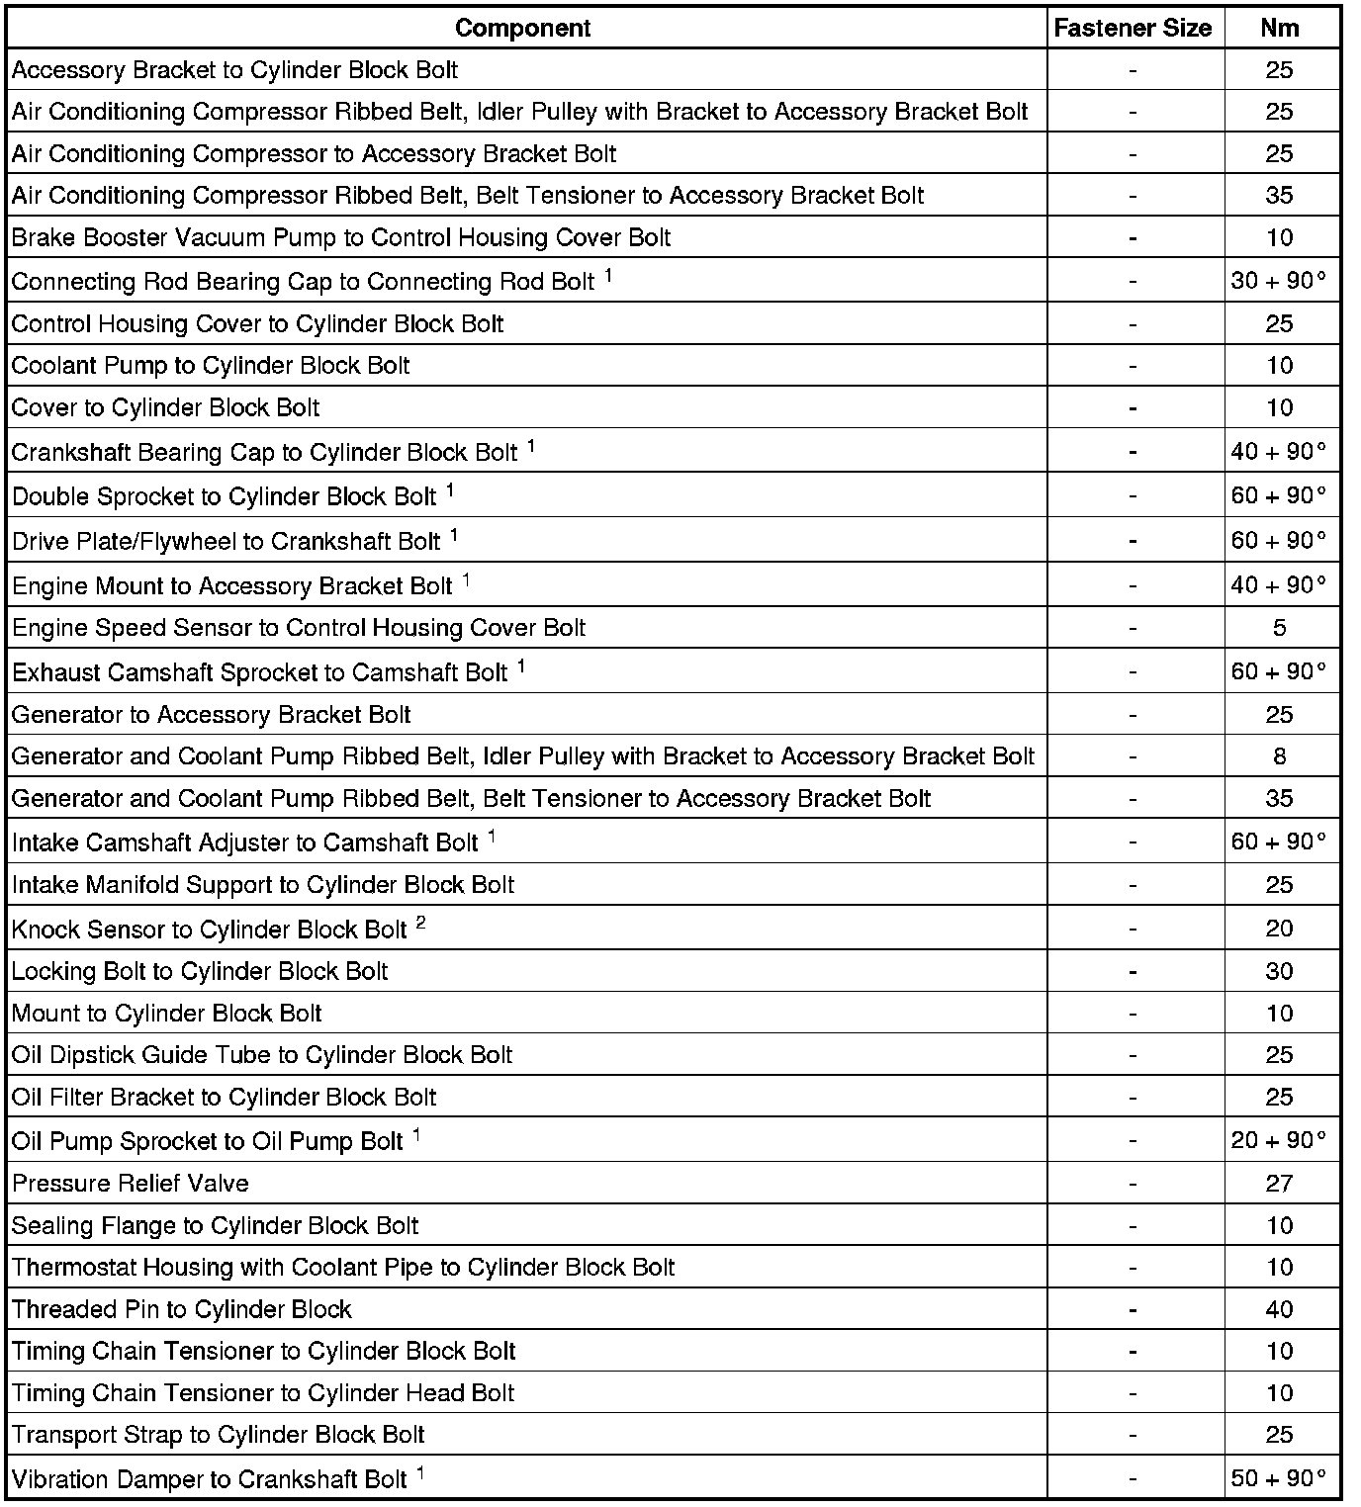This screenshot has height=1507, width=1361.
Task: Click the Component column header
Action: coord(522,29)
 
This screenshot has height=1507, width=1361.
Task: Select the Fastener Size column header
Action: coord(1133,29)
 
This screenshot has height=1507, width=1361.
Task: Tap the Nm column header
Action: coord(1279,29)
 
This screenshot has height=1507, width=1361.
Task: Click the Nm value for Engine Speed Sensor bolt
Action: coord(1279,628)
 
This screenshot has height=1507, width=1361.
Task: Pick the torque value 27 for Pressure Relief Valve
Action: coord(1279,1184)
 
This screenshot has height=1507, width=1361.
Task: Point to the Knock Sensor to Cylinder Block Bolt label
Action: coord(209,930)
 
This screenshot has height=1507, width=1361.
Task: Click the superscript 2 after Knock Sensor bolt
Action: coord(421,923)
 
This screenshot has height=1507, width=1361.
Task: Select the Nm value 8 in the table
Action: coord(1279,756)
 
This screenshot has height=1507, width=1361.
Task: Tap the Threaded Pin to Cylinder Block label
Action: coord(181,1309)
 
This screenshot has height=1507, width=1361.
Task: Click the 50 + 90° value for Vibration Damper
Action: coord(1278,1478)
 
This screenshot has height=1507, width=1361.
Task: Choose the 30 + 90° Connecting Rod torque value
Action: coord(1278,281)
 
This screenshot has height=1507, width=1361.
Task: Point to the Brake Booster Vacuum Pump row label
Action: coord(340,238)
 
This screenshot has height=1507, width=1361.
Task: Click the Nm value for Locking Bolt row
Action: coord(1279,971)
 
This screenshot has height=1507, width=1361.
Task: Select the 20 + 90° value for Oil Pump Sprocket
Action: coord(1278,1140)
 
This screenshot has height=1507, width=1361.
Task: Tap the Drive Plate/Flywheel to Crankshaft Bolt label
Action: coord(226,542)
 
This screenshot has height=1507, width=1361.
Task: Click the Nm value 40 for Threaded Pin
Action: coord(1279,1309)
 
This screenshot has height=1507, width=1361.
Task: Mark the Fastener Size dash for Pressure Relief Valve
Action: coord(1133,1184)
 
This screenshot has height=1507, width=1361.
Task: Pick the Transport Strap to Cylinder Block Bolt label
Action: coord(218,1435)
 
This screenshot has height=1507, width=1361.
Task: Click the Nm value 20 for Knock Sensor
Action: coord(1279,929)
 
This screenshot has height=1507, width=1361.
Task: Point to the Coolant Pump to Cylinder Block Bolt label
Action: coord(211,366)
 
